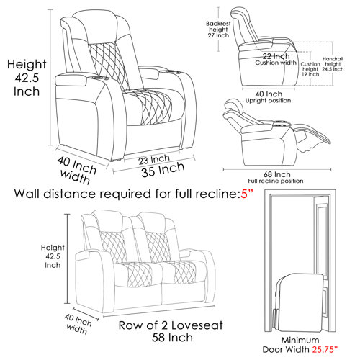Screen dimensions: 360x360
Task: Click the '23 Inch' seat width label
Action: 154,158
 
